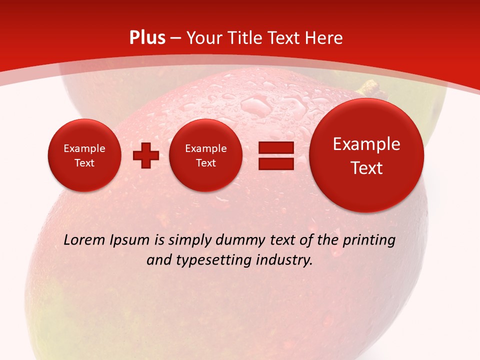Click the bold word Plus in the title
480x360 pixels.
[x=147, y=38]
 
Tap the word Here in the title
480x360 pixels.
[x=324, y=38]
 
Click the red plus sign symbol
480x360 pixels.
[x=146, y=155]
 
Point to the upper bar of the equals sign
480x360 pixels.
[x=275, y=148]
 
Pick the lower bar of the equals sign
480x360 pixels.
[x=275, y=163]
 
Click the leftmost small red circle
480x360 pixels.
[x=84, y=155]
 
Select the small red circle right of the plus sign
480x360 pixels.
[x=206, y=155]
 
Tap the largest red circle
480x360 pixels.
[x=366, y=155]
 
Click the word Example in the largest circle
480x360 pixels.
[x=366, y=144]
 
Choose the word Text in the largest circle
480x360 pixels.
[x=366, y=168]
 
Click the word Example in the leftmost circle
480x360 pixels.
[x=84, y=148]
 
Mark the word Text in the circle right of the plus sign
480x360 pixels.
[x=206, y=163]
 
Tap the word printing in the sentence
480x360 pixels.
[x=369, y=240]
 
